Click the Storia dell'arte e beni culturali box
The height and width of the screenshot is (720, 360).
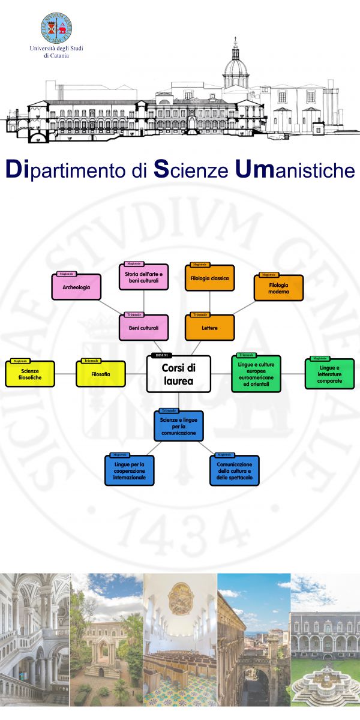click(144, 278)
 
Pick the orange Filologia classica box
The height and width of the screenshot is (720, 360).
click(209, 278)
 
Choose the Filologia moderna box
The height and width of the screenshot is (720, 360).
click(278, 289)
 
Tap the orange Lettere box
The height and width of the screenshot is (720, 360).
click(209, 328)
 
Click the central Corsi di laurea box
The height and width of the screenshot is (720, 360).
click(178, 374)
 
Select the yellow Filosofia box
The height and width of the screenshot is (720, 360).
click(101, 374)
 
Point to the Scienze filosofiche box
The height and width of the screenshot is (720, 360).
click(30, 374)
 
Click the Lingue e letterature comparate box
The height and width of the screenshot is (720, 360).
click(329, 374)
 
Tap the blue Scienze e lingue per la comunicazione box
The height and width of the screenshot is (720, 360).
click(178, 426)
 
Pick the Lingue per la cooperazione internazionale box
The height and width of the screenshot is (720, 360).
click(129, 471)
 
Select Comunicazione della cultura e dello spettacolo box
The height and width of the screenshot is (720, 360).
click(235, 471)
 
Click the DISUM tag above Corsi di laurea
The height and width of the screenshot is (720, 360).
click(161, 356)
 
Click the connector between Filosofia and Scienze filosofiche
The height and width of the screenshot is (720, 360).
click(65, 374)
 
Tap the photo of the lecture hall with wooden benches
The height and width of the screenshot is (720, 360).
click(179, 639)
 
